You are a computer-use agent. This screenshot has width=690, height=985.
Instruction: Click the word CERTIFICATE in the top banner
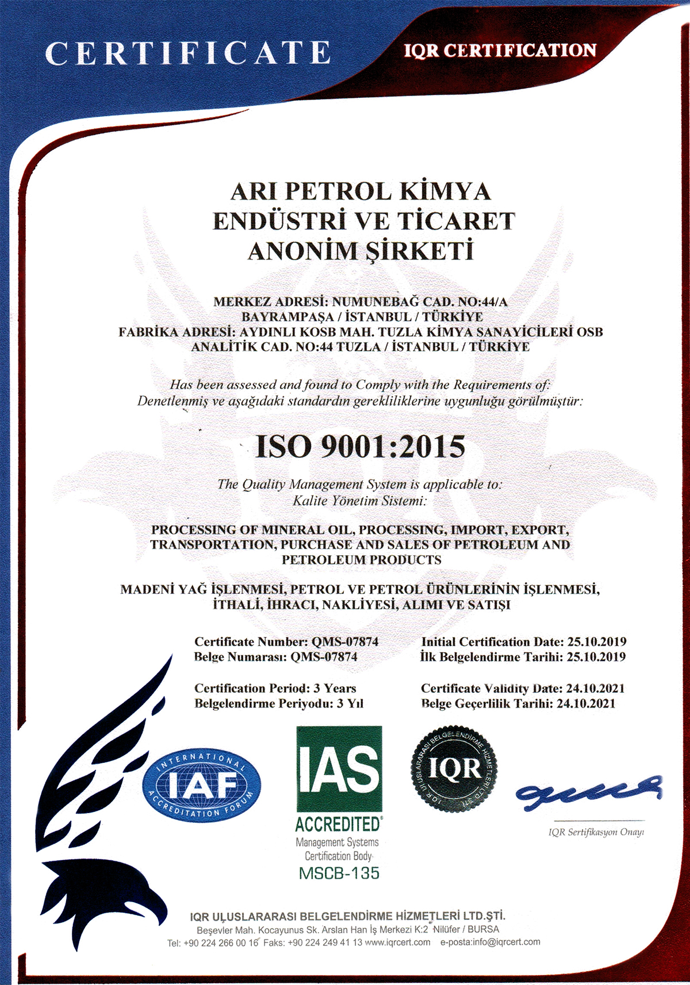click(x=187, y=53)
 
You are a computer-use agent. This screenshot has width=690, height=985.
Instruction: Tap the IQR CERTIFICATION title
click(x=500, y=51)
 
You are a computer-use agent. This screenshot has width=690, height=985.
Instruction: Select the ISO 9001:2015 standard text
click(x=360, y=446)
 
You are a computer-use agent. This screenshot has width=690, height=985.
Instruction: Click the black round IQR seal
click(x=454, y=769)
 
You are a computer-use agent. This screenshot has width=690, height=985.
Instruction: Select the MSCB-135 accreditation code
click(x=339, y=873)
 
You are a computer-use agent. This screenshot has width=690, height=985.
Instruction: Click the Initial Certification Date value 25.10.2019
click(x=596, y=642)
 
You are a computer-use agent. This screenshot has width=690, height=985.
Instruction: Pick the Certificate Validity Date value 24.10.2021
click(x=595, y=689)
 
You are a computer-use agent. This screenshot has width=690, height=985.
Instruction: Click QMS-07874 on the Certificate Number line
click(x=344, y=642)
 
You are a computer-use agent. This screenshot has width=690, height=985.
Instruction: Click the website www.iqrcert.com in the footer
click(x=397, y=942)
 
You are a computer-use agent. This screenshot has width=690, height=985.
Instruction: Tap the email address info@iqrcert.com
click(x=507, y=942)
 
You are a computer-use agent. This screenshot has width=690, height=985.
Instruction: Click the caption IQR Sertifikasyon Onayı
click(x=596, y=833)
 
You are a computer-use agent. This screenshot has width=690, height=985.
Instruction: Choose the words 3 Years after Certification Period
click(x=335, y=689)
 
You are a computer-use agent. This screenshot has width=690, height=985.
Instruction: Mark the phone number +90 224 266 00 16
click(x=221, y=943)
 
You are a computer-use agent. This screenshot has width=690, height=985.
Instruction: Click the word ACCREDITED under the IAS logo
click(x=338, y=824)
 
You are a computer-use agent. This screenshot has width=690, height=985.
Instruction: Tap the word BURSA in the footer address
click(x=484, y=929)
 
